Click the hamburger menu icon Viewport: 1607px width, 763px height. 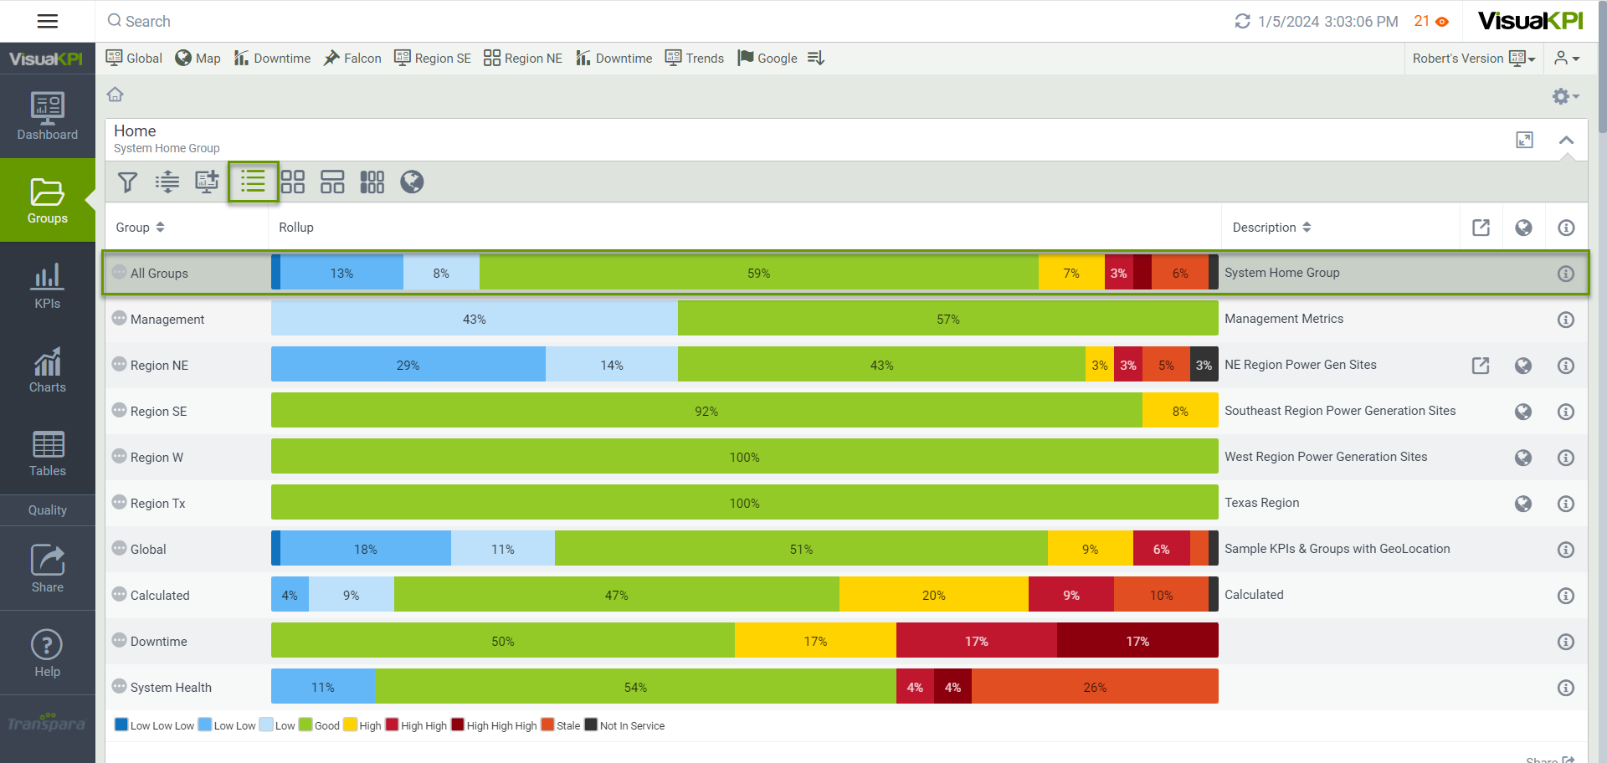tap(48, 21)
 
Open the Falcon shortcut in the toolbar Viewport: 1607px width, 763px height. tap(352, 58)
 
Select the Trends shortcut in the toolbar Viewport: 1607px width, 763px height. tap(695, 58)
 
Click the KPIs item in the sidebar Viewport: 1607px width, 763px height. tap(48, 285)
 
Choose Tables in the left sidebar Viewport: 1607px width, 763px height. tap(48, 453)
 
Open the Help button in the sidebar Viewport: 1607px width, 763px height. tap(48, 653)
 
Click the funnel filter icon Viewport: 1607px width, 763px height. tap(127, 182)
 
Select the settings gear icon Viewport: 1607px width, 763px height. tap(1562, 96)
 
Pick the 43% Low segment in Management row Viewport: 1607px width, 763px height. tap(475, 319)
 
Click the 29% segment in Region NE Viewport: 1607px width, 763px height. tap(408, 365)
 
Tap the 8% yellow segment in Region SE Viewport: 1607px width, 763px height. tap(1180, 411)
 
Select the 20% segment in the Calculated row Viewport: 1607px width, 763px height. tap(933, 595)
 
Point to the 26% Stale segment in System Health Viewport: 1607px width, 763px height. tap(1095, 687)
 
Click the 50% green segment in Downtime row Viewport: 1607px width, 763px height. tap(502, 641)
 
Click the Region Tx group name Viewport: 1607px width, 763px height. tap(157, 503)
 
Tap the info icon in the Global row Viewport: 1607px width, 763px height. tap(1565, 550)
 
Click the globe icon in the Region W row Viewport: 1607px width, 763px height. tap(1523, 458)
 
